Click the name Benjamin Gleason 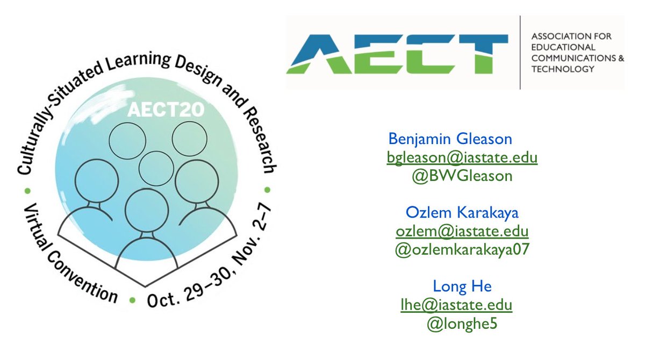point(450,140)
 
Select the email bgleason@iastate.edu point(462,157)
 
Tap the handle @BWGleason point(461,175)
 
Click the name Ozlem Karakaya point(462,213)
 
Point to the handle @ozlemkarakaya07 point(462,249)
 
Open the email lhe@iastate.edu point(454,305)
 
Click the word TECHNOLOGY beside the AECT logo point(563,69)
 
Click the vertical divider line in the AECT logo point(520,52)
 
